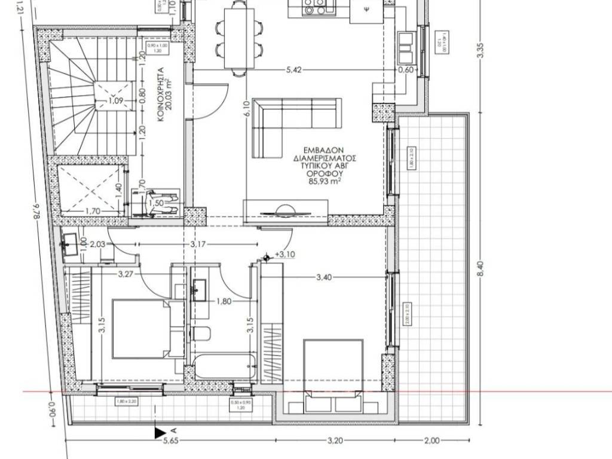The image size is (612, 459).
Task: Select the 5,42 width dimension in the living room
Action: tap(293, 70)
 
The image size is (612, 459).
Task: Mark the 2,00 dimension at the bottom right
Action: tap(432, 441)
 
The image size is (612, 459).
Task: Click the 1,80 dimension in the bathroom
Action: tap(224, 301)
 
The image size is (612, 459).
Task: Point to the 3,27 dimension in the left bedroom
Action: tap(125, 275)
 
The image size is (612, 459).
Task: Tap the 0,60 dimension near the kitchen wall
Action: tap(406, 70)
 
